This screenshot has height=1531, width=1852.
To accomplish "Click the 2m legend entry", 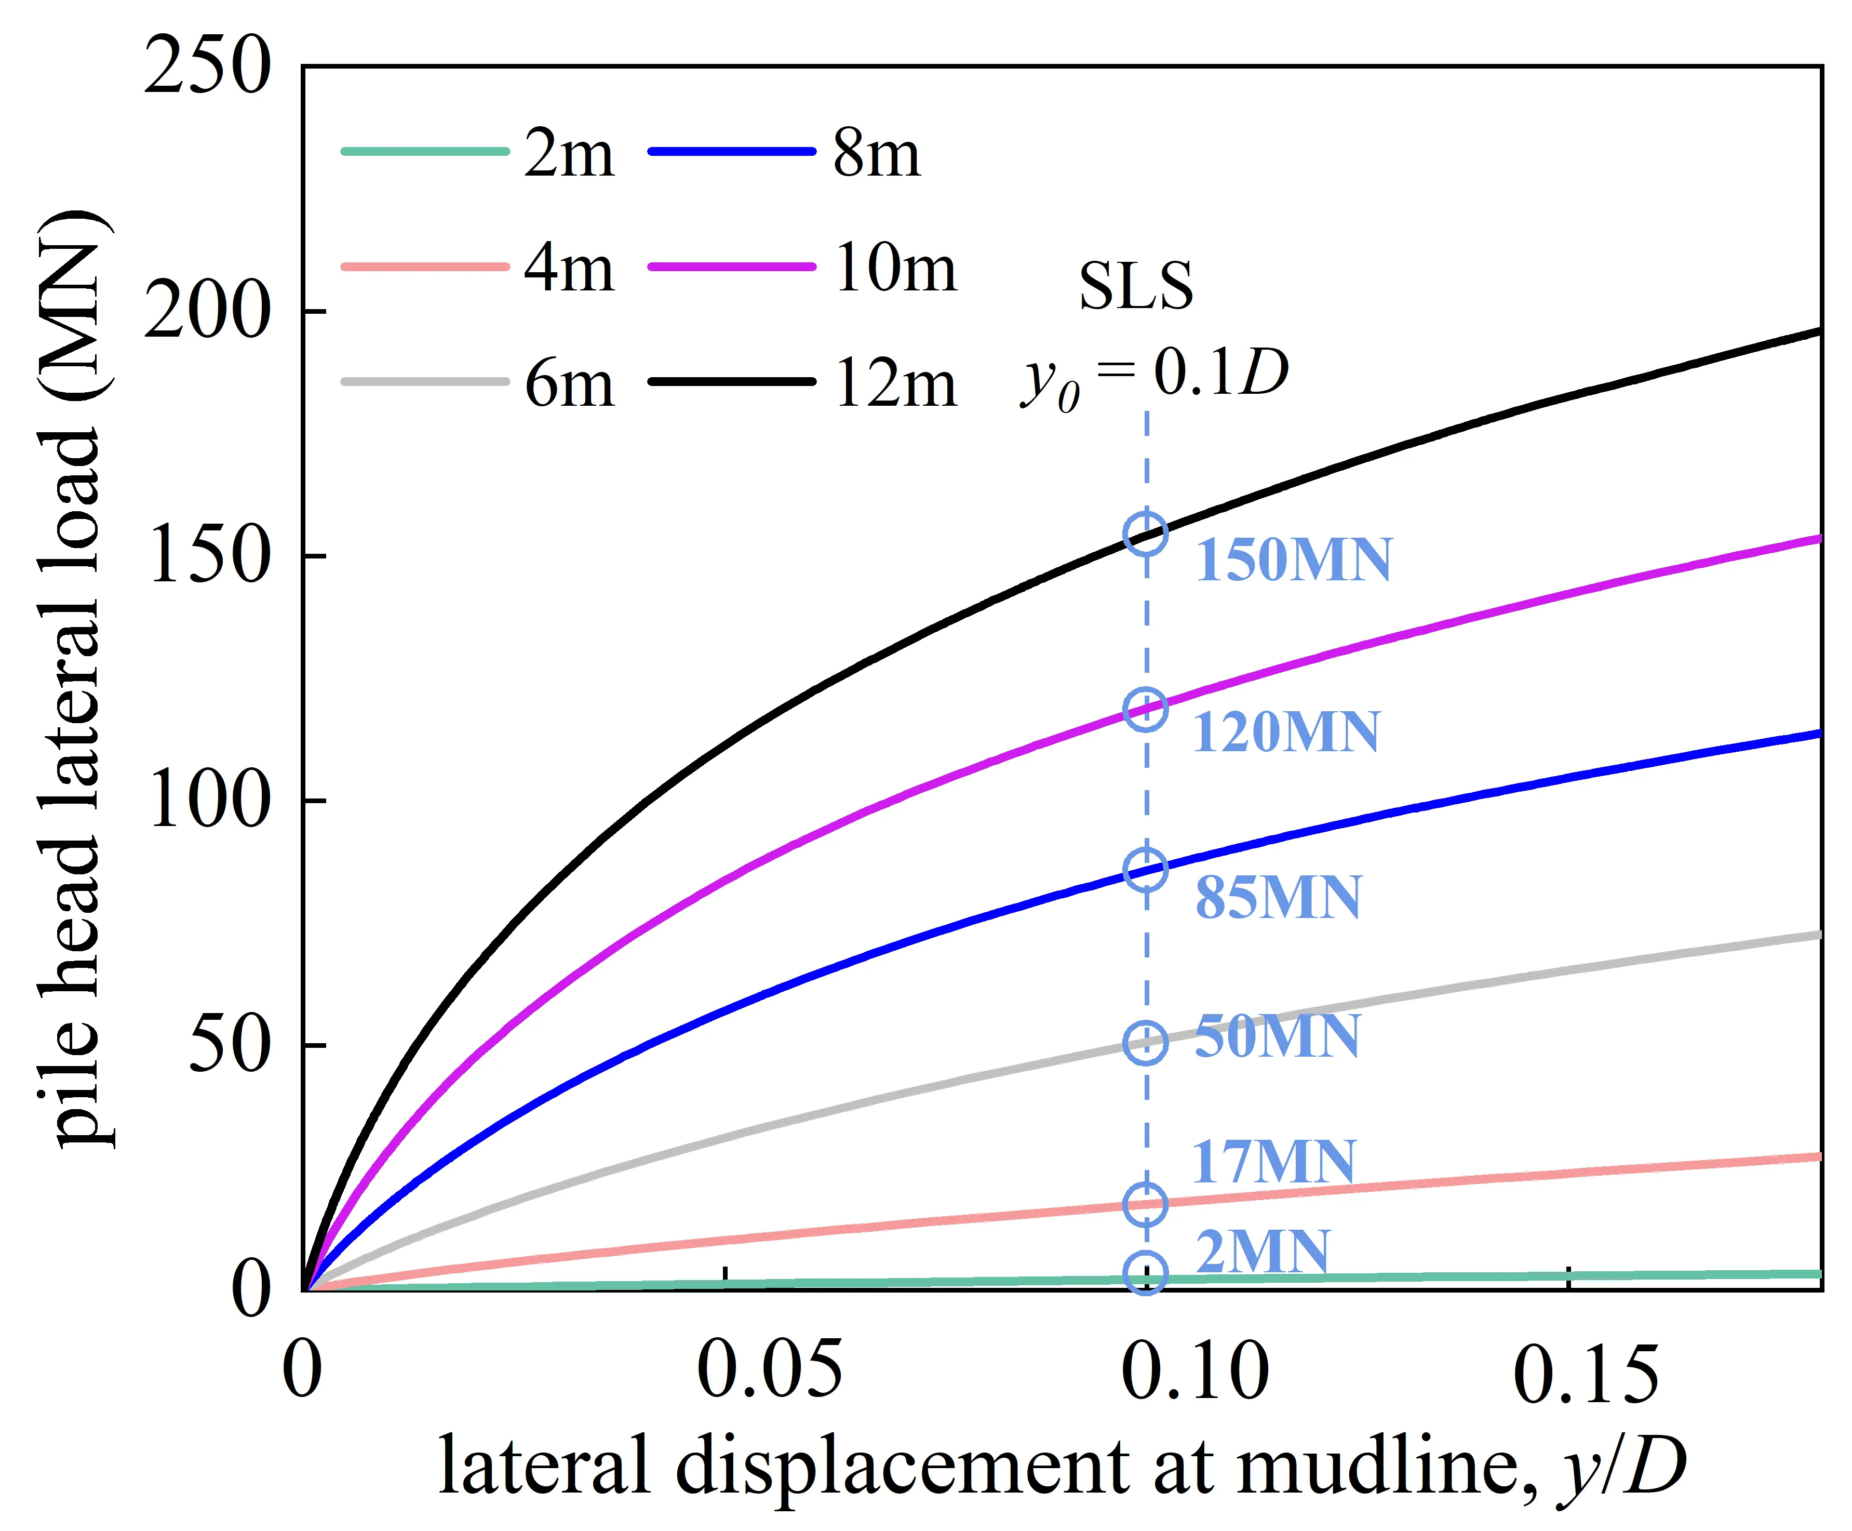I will [568, 153].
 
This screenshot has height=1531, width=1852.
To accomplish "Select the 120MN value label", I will [1285, 732].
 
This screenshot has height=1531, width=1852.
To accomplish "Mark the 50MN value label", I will [1277, 1036].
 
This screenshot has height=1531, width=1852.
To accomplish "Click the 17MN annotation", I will [1274, 1162].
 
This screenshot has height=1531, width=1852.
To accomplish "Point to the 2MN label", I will [1263, 1252].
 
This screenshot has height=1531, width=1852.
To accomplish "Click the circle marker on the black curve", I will [1146, 534].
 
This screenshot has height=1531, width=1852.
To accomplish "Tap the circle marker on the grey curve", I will [1146, 1043].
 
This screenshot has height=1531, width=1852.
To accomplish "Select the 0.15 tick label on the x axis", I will [1585, 1376].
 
